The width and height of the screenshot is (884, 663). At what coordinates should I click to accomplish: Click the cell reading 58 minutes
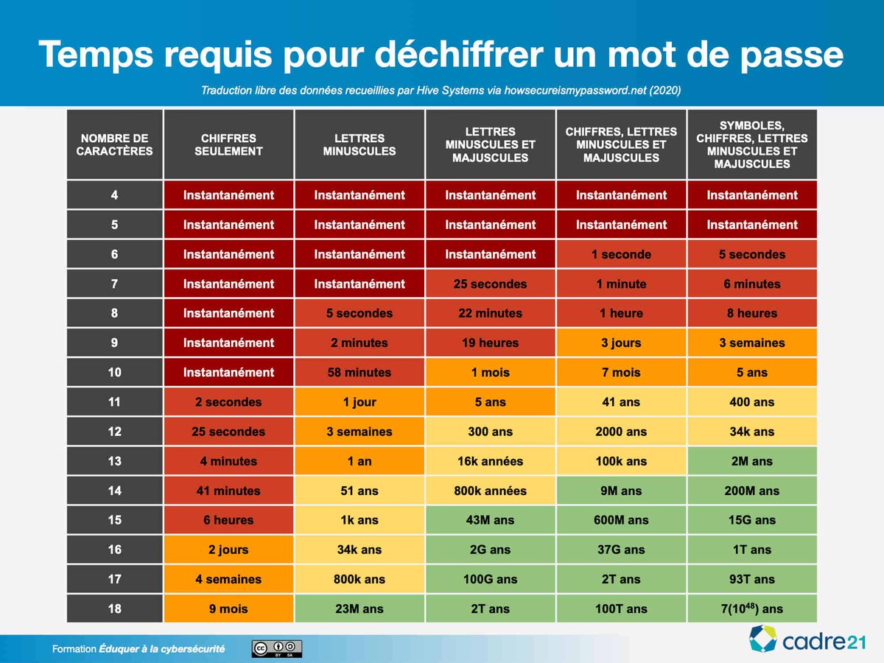tap(359, 373)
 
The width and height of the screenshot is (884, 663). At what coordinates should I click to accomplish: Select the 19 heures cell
tap(490, 343)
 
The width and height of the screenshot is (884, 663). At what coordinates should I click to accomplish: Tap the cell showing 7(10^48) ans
tap(751, 608)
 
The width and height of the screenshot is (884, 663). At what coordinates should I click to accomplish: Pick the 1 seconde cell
tap(621, 255)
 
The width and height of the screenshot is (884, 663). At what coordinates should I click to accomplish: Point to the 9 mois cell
tap(228, 608)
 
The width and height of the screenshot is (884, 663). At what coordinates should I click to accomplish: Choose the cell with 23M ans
tap(359, 608)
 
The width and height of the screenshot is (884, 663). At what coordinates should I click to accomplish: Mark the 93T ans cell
tap(751, 579)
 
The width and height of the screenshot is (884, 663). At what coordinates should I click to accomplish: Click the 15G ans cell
tap(751, 520)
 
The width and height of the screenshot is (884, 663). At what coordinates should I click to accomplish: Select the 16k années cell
tap(490, 461)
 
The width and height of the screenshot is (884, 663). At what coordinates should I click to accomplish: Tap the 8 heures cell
tap(751, 314)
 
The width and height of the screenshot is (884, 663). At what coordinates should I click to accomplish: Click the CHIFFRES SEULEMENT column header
tap(228, 144)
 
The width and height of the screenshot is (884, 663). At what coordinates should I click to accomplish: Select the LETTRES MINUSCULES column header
tap(359, 144)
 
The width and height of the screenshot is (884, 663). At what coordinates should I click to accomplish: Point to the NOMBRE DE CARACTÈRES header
tap(114, 144)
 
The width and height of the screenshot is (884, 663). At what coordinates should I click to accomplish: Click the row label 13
tap(114, 461)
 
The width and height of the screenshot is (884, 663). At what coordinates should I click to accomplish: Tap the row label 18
tap(114, 608)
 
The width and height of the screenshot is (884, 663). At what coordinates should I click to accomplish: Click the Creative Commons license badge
tap(277, 648)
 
